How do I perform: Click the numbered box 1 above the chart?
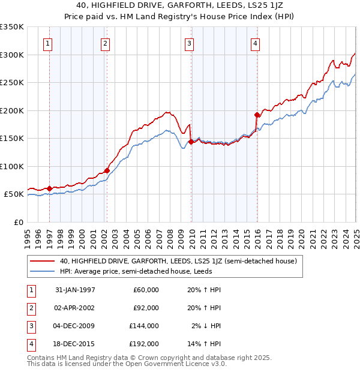47,43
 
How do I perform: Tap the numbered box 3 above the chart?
189,43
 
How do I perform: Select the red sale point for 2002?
107,171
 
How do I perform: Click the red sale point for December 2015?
257,115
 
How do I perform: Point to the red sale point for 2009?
191,142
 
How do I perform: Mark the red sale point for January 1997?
50,188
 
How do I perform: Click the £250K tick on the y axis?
12,83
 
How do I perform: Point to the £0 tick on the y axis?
18,222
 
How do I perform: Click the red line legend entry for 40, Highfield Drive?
174,261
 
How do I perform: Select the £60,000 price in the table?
146,290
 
